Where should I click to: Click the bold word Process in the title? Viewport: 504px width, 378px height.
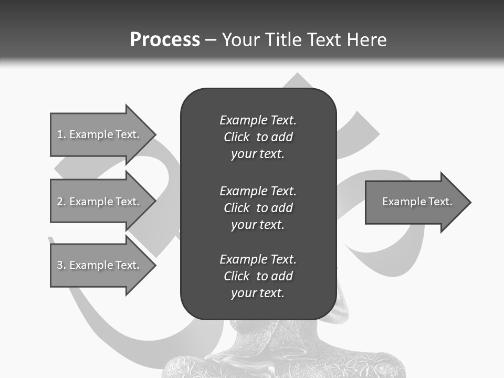pos(165,40)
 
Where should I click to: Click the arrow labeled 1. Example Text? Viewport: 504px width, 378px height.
pos(100,134)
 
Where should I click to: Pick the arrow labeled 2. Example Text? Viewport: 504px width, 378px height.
pos(100,202)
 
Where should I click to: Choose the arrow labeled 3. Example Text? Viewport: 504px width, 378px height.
pos(100,265)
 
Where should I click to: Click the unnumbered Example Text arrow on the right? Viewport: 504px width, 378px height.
pos(415,202)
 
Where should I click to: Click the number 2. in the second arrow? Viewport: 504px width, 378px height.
pos(61,202)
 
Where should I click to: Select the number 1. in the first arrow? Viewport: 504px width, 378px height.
pos(61,134)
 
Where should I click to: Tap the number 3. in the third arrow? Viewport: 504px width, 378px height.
pos(61,265)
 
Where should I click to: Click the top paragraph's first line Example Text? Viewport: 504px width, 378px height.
pos(258,120)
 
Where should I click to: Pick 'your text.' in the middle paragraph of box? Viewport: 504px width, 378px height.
pos(258,225)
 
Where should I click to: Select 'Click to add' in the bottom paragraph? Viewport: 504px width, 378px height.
pos(258,276)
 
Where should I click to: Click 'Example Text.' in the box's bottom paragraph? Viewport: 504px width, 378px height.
pos(258,259)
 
